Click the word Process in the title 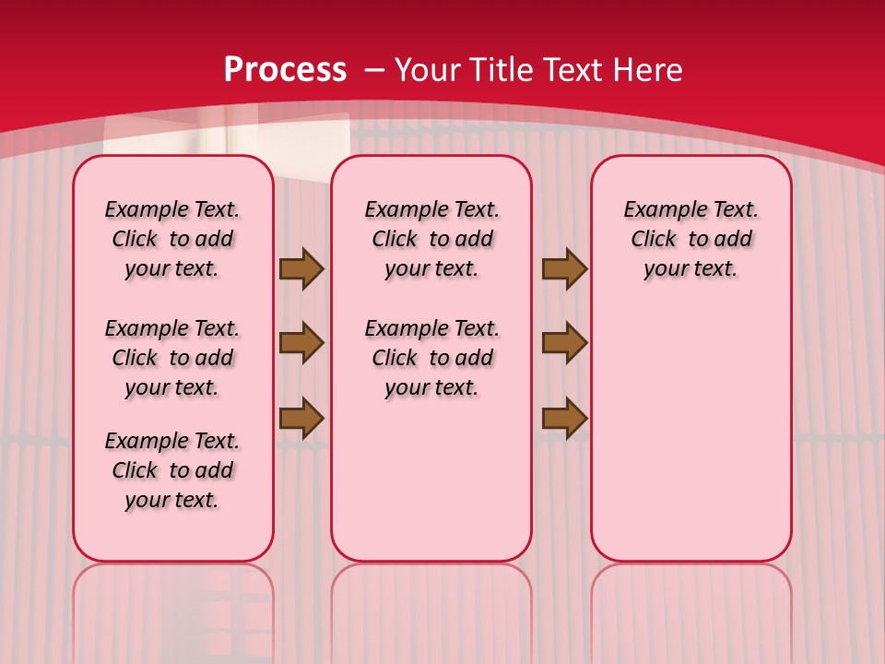tap(285, 70)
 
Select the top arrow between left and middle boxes tap(301, 268)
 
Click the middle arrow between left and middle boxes tap(301, 343)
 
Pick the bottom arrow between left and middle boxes tap(301, 418)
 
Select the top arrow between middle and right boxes tap(564, 268)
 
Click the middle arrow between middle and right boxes tap(564, 343)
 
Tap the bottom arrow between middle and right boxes tap(564, 418)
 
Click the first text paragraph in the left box tap(172, 239)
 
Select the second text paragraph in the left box tap(172, 358)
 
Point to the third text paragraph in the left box tap(172, 470)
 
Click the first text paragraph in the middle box tap(431, 239)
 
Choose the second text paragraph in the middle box tap(431, 358)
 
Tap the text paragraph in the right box tap(690, 239)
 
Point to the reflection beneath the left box tap(173, 609)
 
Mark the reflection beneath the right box tap(690, 609)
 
